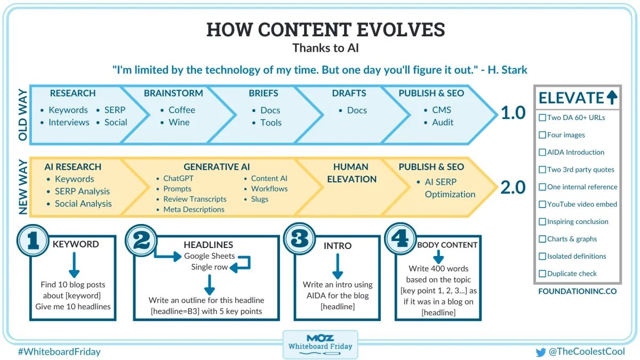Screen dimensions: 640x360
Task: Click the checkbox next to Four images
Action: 542,135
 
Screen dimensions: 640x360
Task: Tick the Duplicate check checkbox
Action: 542,274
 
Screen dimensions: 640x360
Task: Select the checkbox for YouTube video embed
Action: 542,204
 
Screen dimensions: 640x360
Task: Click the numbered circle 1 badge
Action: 33,241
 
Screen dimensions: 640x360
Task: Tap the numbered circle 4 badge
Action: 400,238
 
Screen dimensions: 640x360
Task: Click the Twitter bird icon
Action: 541,353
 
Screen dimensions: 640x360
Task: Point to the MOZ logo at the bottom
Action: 320,338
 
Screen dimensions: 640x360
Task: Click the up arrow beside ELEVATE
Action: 612,98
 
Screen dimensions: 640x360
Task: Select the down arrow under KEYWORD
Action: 74,265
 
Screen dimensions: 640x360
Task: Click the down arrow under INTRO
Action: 338,266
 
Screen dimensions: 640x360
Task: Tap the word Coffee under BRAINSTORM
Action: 182,110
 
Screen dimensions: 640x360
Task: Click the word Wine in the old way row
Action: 179,122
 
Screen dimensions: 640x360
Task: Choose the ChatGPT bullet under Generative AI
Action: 178,178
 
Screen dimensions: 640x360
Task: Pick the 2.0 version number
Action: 513,187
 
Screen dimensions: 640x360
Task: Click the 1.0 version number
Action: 513,113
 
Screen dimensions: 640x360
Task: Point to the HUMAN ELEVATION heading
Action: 351,173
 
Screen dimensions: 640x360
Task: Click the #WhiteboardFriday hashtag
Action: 59,351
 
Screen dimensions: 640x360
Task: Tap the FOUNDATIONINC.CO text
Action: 578,291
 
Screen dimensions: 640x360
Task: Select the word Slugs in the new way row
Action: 259,199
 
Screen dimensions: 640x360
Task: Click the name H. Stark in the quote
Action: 507,70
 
